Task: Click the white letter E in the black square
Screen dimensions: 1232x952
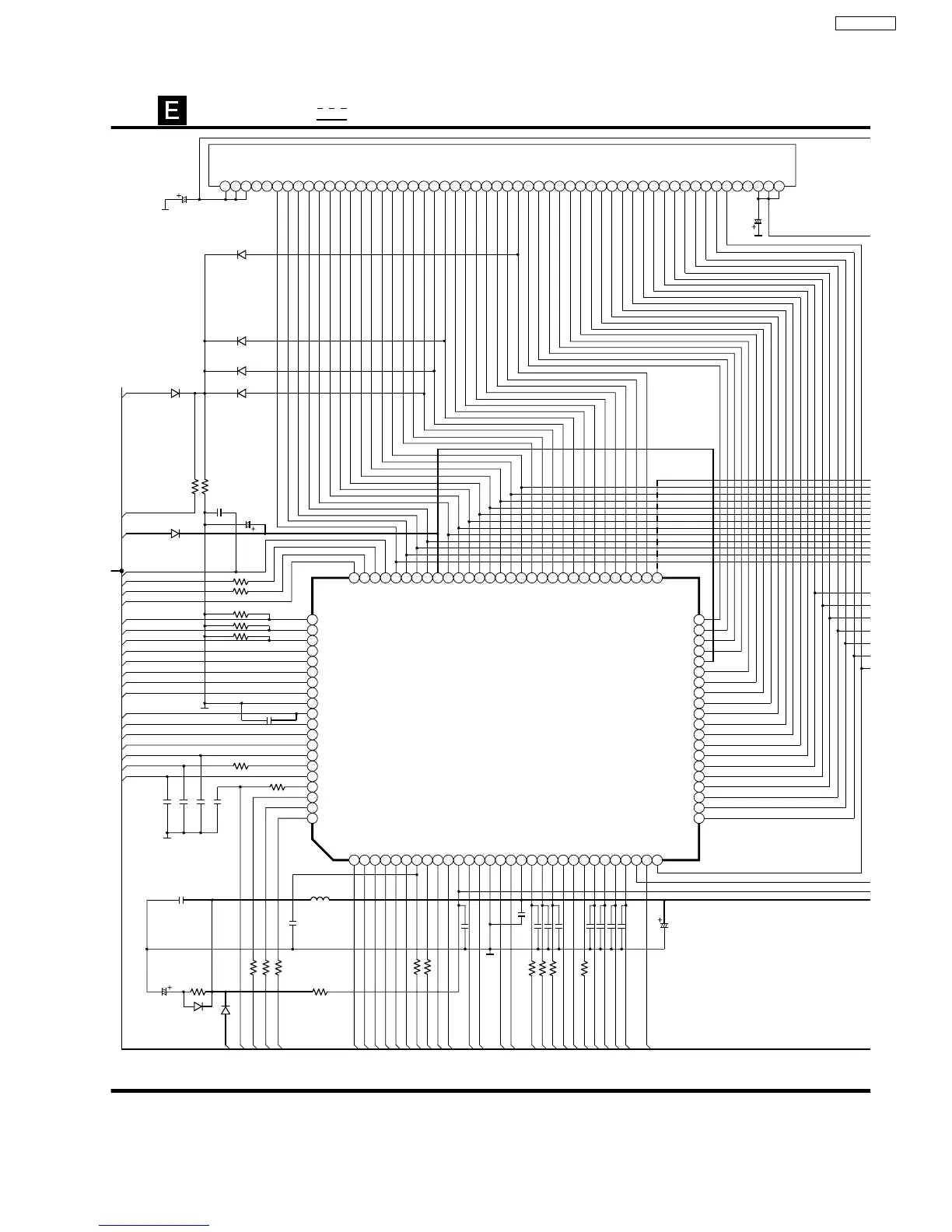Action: (172, 110)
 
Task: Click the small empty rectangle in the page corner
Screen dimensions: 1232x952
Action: (865, 23)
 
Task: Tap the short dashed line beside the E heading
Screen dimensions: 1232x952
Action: (331, 108)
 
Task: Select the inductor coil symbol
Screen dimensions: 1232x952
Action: (320, 900)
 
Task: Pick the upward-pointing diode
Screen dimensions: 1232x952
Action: (226, 1010)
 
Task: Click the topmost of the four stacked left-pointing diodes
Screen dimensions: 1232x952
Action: (241, 254)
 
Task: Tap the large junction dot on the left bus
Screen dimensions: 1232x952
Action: (122, 571)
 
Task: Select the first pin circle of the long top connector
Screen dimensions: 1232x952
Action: (226, 186)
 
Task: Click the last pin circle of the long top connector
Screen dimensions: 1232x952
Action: (779, 186)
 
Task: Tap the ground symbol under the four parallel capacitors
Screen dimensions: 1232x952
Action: (167, 836)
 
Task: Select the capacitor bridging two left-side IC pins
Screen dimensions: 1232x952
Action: (269, 721)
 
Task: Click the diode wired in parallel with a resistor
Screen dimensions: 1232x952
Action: (198, 1006)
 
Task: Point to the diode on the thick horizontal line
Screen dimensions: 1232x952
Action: (175, 534)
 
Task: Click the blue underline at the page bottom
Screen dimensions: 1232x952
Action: (154, 1226)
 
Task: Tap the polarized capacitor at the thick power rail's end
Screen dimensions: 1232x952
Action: (664, 925)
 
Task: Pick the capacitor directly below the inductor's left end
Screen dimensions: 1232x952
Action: (292, 923)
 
